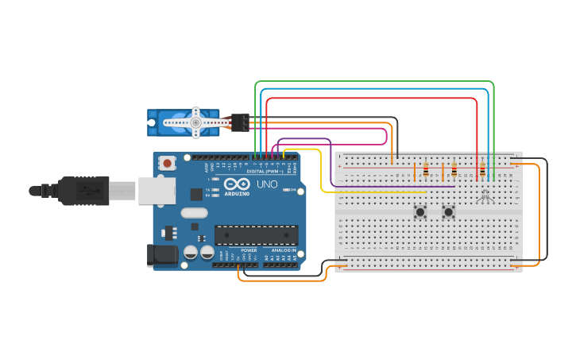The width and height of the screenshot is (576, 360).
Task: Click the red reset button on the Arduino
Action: [x=168, y=163]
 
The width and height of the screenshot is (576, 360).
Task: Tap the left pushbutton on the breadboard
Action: [x=419, y=211]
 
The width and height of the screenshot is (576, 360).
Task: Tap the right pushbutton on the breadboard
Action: [x=448, y=211]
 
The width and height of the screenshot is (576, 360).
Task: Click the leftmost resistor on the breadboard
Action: [x=426, y=169]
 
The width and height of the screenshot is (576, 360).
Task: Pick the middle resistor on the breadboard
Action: [x=454, y=169]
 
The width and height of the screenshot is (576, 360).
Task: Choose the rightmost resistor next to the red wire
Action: [x=482, y=169]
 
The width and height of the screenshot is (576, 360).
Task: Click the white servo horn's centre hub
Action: [x=195, y=122]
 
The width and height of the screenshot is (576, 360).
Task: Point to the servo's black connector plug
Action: [x=240, y=122]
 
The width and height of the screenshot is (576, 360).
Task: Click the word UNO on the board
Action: [x=267, y=184]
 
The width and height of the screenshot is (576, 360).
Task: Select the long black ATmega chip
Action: [x=256, y=235]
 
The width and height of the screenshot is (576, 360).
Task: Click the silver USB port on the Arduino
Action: [x=157, y=191]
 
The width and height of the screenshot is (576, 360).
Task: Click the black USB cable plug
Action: [x=83, y=191]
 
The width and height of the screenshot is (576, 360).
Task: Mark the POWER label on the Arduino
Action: [x=249, y=250]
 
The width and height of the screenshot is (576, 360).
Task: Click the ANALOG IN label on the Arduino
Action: [x=283, y=250]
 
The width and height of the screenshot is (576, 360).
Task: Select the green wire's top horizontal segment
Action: [x=373, y=82]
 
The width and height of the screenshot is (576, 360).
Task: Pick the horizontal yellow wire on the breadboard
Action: [x=373, y=192]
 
